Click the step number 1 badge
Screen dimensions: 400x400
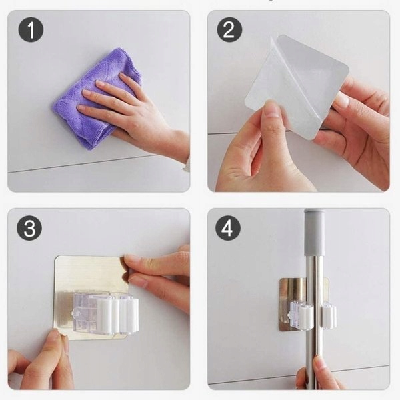coord(31,29)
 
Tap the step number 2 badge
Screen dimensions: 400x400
coord(229,29)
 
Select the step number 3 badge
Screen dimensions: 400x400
coord(29,228)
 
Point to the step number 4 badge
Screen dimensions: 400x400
coord(228,228)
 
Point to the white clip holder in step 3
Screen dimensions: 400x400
coord(106,314)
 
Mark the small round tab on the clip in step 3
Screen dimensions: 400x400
coord(76,313)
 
